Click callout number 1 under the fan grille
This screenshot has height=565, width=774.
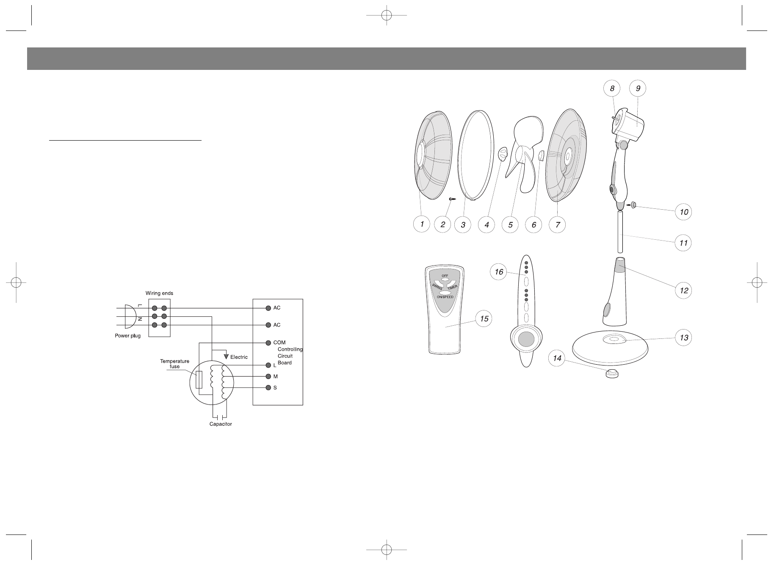coord(422,224)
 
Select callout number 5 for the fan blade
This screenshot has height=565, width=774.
coord(510,224)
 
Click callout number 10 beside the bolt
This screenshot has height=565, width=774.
coord(683,212)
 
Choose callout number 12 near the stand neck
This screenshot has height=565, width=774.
coord(683,291)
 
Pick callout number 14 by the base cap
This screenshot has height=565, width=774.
coord(557,358)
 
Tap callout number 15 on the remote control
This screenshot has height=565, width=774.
coord(484,319)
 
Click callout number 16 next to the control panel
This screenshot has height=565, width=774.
coord(499,271)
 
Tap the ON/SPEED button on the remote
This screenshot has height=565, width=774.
coord(445,296)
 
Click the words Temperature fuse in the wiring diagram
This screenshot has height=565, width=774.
coord(174,364)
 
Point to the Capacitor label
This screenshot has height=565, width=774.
coord(221,424)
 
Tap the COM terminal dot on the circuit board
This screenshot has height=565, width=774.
coord(268,342)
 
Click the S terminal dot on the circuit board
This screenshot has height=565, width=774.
coord(268,388)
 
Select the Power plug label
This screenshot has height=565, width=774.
coord(127,335)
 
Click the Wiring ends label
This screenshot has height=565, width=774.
coord(159,293)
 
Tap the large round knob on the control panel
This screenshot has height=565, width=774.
coord(526,340)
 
